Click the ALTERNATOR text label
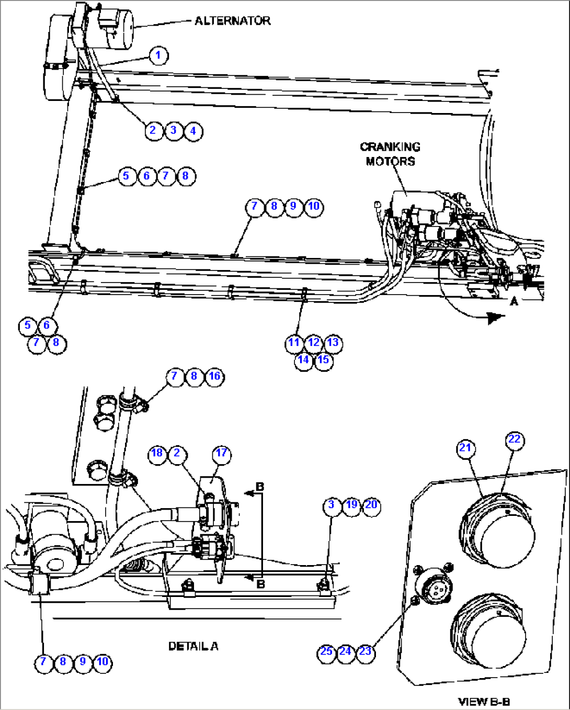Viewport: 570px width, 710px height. pos(232,21)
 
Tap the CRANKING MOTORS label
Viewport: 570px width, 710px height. pos(390,154)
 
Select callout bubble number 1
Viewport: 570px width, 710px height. pos(159,55)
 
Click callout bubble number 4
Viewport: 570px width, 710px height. pos(193,131)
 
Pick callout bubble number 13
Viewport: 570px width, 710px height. pos(333,343)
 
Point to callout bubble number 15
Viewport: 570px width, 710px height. pos(324,360)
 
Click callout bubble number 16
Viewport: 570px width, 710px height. pos(214,376)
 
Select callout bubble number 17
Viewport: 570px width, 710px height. pos(222,453)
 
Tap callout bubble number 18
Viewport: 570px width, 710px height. pos(157,453)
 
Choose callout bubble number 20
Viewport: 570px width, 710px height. pos(371,505)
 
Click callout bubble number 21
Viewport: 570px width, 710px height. pos(465,448)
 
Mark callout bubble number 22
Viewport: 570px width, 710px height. pos(515,439)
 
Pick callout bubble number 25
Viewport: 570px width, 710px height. pos(326,652)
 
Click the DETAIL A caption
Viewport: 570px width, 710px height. pos(193,647)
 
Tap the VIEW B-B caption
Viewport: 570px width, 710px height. pos(484,702)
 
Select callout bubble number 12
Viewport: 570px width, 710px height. pos(313,343)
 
